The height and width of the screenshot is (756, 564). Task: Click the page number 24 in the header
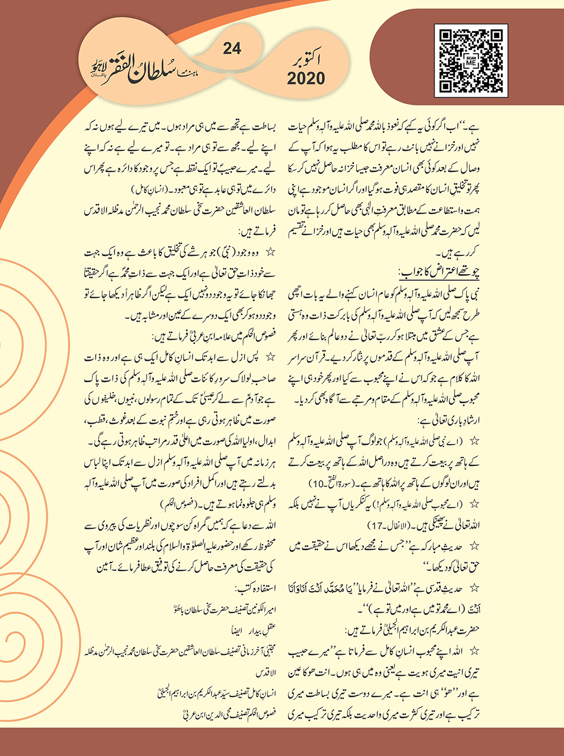point(232,49)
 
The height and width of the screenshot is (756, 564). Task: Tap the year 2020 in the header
point(306,79)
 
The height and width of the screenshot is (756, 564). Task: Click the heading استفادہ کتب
point(257,588)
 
